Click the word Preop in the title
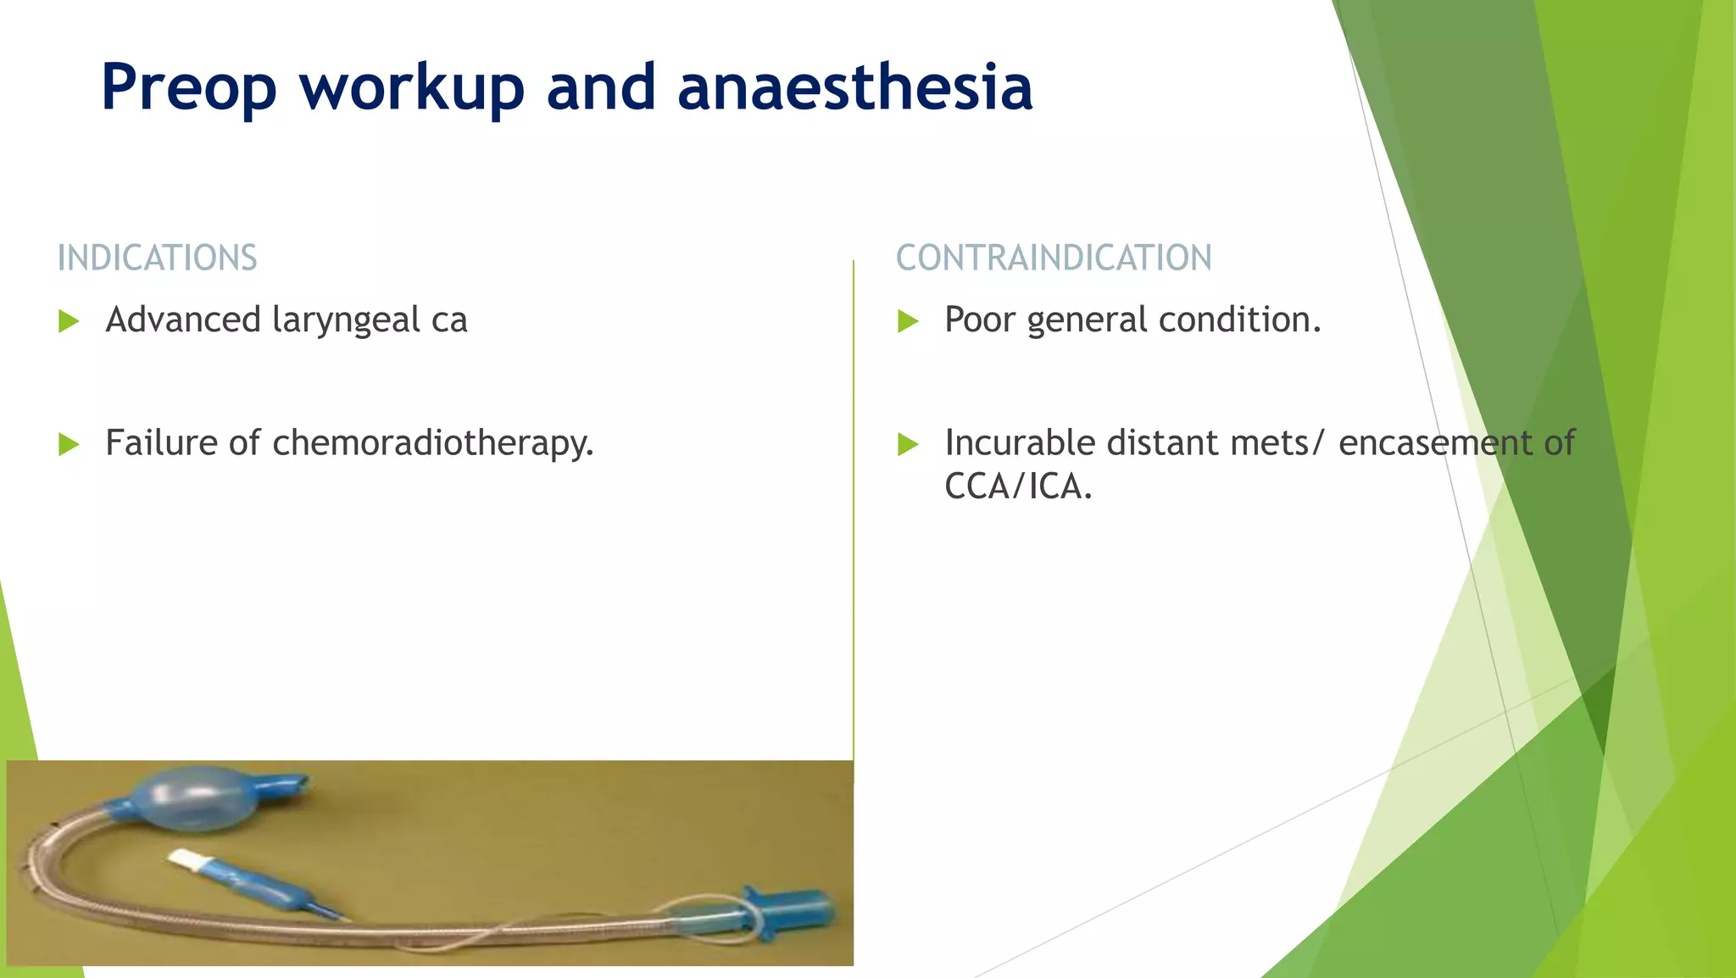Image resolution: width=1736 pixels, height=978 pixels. pyautogui.click(x=188, y=88)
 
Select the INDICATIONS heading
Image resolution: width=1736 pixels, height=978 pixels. pyautogui.click(x=157, y=258)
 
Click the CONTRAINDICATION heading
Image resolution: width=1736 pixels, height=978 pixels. pyautogui.click(x=1054, y=258)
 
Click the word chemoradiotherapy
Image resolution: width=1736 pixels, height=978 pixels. pyautogui.click(x=432, y=443)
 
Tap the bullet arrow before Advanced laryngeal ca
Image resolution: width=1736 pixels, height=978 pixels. pyautogui.click(x=69, y=321)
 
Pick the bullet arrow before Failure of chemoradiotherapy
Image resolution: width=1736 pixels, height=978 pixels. pyautogui.click(x=69, y=444)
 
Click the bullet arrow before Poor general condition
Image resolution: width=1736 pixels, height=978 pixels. pyautogui.click(x=908, y=321)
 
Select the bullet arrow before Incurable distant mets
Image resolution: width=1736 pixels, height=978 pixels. pyautogui.click(x=908, y=444)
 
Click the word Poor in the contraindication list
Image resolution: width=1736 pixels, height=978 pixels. pyautogui.click(x=979, y=320)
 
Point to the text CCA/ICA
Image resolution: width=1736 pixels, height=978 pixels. pyautogui.click(x=1017, y=487)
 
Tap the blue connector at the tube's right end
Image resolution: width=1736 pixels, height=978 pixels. pyautogui.click(x=793, y=913)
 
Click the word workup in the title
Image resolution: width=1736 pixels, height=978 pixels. pyautogui.click(x=412, y=88)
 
